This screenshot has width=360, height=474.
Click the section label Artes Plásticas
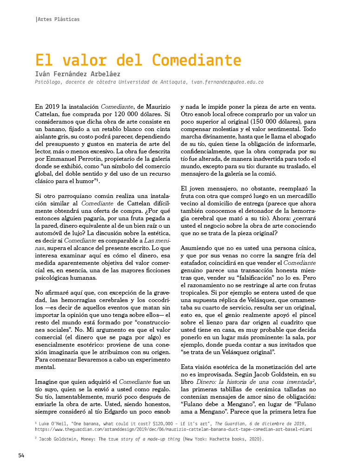tap(59, 20)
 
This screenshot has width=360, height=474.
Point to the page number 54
tap(21, 455)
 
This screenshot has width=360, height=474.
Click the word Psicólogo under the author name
tap(50, 82)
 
